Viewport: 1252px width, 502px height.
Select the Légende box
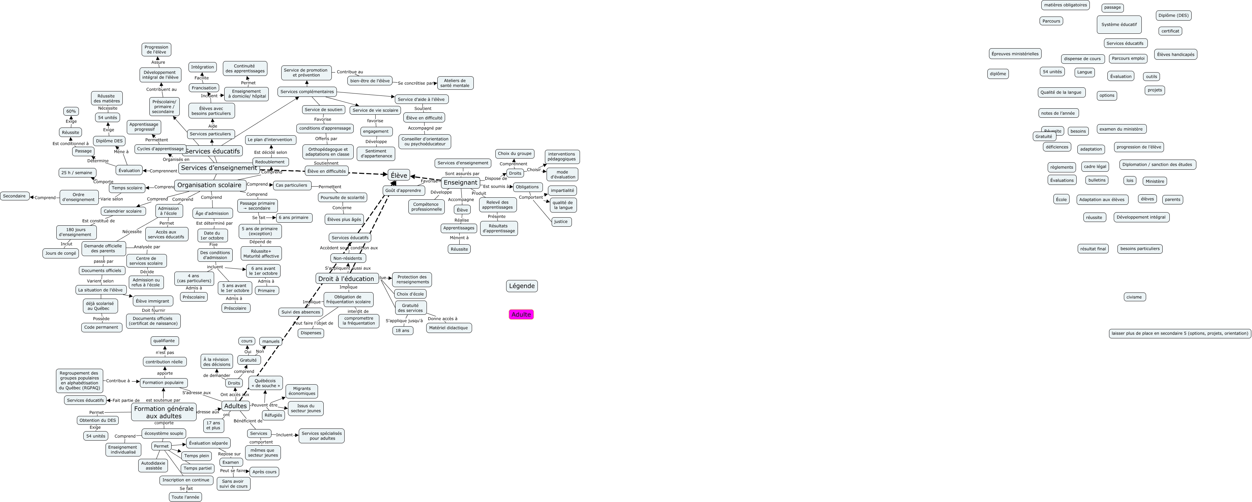pyautogui.click(x=522, y=286)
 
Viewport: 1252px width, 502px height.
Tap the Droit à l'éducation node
pyautogui.click(x=347, y=279)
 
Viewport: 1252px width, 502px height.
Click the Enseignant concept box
pyautogui.click(x=460, y=183)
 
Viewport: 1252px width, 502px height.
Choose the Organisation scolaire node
pyautogui.click(x=209, y=185)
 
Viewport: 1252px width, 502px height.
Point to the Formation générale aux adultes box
pyautogui.click(x=164, y=412)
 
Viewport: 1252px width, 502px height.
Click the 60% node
pyautogui.click(x=71, y=111)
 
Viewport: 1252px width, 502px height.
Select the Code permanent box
pyautogui.click(x=101, y=327)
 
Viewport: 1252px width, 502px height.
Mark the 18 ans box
pyautogui.click(x=402, y=331)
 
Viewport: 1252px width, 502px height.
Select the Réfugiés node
pyautogui.click(x=273, y=415)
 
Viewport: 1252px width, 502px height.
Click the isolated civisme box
pyautogui.click(x=1134, y=297)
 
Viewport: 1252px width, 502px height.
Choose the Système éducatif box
pyautogui.click(x=1119, y=24)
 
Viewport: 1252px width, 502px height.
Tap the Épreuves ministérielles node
pyautogui.click(x=1015, y=54)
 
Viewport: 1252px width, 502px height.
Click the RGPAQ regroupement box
pyautogui.click(x=79, y=381)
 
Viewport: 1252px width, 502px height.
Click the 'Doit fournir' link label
pyautogui.click(x=153, y=310)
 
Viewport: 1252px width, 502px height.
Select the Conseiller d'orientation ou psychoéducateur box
pyautogui.click(x=425, y=142)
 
